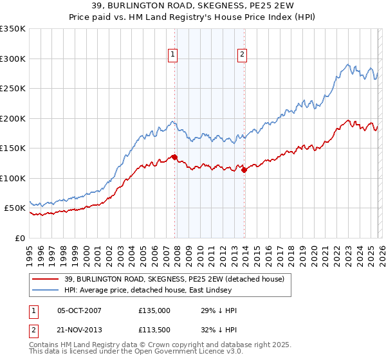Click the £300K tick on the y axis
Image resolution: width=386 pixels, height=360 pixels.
(13, 59)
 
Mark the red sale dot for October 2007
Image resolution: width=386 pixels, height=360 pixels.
(174, 157)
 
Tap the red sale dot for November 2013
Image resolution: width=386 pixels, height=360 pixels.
(244, 170)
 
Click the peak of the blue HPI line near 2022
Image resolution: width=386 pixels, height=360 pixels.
(348, 64)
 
